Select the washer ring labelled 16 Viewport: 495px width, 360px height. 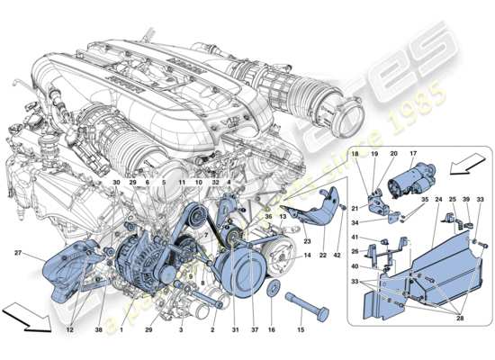click(273, 291)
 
